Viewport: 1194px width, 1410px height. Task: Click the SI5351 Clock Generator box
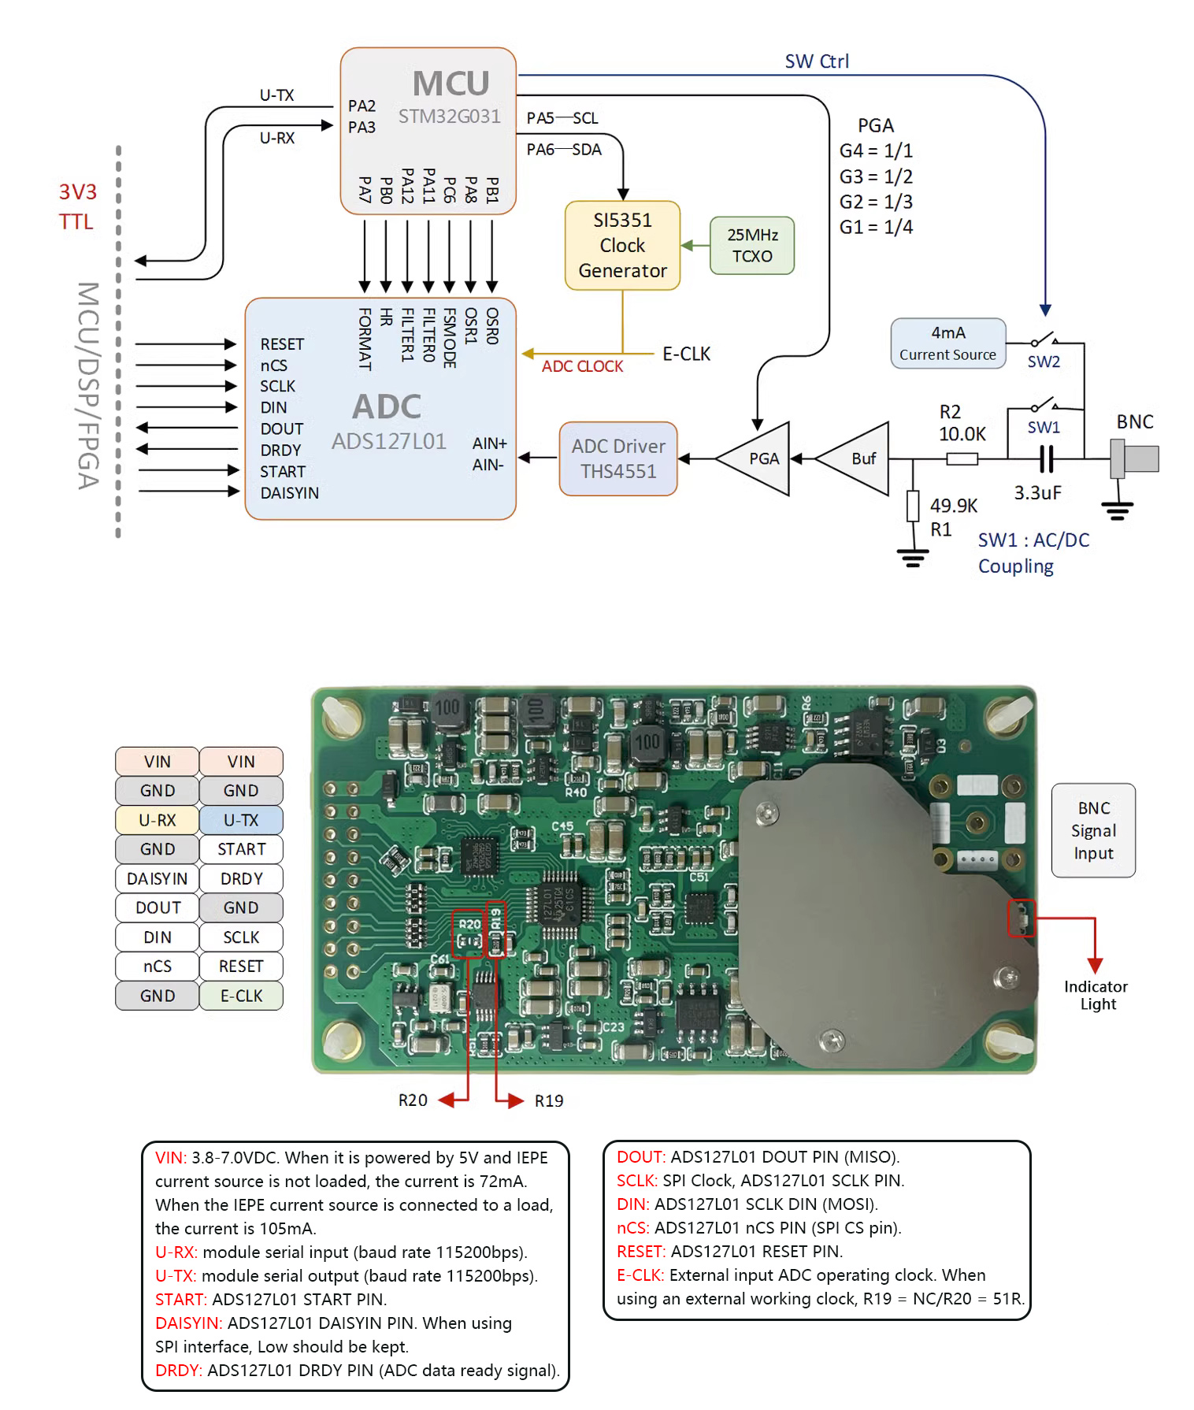coord(622,245)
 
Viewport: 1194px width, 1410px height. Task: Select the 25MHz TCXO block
coord(751,245)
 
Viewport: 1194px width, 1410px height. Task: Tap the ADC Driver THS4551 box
coord(618,458)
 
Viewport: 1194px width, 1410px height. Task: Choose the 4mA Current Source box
coord(947,343)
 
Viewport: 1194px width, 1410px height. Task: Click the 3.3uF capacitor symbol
coord(1046,458)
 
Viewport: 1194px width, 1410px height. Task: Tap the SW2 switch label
coord(1044,362)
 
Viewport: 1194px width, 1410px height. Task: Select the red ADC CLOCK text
coord(582,366)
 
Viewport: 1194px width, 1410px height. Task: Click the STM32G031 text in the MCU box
coord(449,117)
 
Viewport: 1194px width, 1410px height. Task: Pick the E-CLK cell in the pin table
coord(241,996)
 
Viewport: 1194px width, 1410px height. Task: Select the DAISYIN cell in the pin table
coord(158,878)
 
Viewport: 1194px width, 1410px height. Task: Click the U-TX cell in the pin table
coord(241,820)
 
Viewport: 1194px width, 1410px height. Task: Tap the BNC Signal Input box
coord(1093,830)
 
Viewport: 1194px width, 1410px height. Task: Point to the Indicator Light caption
coord(1096,995)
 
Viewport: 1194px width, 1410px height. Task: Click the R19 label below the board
coord(549,1101)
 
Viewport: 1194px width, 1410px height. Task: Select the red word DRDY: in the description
coord(179,1371)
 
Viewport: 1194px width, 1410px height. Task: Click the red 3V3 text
coord(77,192)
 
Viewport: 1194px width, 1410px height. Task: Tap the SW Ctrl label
coord(817,61)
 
